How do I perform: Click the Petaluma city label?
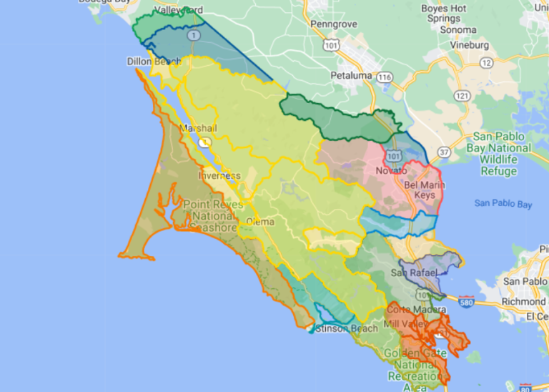[352, 75]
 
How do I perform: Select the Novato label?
[391, 171]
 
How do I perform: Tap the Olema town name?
[260, 222]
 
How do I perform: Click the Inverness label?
[219, 175]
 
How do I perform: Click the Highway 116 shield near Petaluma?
[386, 77]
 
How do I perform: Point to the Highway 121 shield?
[463, 95]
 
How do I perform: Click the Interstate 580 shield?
[466, 301]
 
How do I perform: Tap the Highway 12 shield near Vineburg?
[486, 62]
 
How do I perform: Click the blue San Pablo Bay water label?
[503, 204]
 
